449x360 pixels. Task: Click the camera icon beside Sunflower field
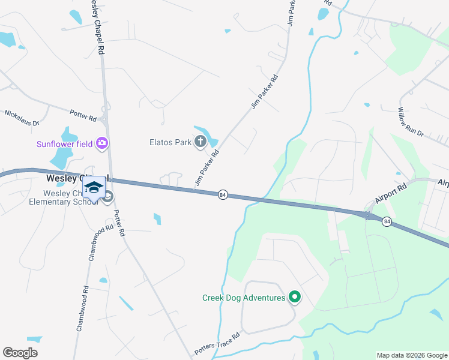(102, 143)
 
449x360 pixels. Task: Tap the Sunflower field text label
(65, 143)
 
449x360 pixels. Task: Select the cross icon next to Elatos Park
(200, 142)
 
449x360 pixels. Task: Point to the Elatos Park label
(170, 142)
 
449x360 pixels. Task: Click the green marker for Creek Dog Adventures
(294, 297)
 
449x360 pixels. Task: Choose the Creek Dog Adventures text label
(243, 298)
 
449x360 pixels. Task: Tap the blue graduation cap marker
(94, 187)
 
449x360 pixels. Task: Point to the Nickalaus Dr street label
(22, 117)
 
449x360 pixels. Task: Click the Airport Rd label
(391, 194)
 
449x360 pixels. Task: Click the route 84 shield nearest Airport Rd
(387, 221)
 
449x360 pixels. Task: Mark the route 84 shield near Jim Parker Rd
(222, 195)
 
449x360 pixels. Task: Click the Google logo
(20, 352)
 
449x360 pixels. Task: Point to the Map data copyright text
(411, 355)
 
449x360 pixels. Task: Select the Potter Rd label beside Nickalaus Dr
(83, 114)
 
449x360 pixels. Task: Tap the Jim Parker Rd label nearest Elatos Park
(206, 167)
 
